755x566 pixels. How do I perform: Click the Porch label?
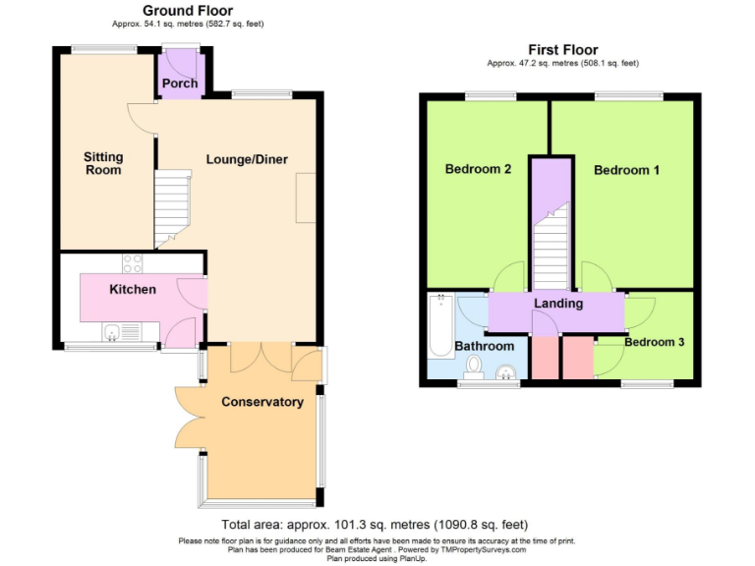pos(180,84)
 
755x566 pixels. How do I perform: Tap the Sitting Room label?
pos(103,163)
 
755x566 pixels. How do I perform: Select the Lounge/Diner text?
pos(247,159)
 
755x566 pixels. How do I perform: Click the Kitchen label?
pos(133,290)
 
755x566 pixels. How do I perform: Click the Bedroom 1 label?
pos(626,170)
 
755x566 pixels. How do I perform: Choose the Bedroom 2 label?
pos(478,169)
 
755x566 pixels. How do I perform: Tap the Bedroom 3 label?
pos(655,343)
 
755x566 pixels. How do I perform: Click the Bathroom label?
pos(484,347)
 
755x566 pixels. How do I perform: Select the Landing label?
pos(558,304)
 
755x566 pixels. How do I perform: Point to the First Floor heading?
pos(562,50)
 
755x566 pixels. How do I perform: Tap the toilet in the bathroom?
pos(473,368)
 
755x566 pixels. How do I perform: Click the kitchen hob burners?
pos(132,263)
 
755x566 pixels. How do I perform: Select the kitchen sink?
pos(114,332)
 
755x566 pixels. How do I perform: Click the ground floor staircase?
pos(172,207)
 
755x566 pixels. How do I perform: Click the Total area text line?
pos(381,524)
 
